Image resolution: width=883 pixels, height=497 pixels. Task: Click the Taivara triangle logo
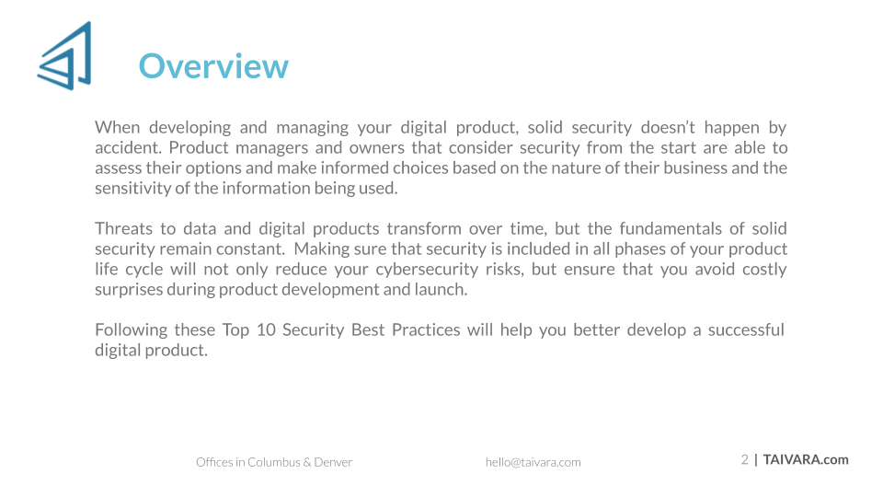tap(64, 55)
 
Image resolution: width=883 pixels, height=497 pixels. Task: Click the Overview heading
tap(213, 66)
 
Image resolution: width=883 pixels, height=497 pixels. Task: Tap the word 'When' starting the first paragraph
tap(117, 127)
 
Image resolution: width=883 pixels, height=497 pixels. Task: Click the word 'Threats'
tap(123, 229)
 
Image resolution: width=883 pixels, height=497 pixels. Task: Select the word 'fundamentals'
tap(671, 229)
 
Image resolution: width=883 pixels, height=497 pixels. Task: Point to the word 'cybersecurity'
tap(427, 270)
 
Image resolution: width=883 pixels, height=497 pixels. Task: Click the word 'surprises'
tap(129, 290)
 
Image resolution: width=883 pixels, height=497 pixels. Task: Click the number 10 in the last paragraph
tap(266, 330)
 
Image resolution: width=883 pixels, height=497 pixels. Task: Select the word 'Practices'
tap(426, 330)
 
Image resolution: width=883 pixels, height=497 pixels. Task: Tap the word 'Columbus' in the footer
tap(274, 463)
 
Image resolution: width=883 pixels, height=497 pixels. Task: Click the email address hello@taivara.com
tap(533, 463)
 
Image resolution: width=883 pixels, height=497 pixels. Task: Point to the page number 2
tap(744, 460)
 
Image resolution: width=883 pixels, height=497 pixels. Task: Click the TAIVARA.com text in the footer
tap(806, 460)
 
